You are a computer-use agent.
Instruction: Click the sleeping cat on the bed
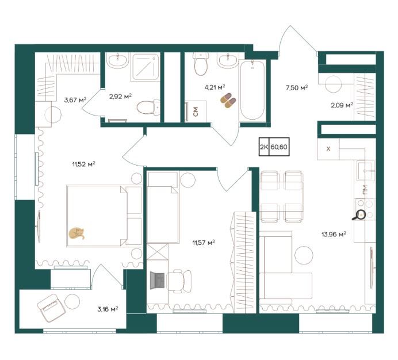(x=76, y=233)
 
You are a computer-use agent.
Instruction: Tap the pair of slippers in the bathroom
(x=228, y=100)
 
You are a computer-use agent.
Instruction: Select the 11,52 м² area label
(x=83, y=164)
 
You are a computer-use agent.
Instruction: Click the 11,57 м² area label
(x=204, y=243)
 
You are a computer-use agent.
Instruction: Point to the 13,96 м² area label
(x=334, y=234)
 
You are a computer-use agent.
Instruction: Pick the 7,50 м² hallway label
(x=297, y=88)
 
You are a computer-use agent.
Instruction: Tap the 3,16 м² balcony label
(x=108, y=309)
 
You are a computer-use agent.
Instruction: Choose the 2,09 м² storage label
(x=342, y=105)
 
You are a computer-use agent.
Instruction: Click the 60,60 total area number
(x=279, y=147)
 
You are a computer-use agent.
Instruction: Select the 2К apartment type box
(x=264, y=147)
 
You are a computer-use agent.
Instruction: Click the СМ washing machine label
(x=196, y=112)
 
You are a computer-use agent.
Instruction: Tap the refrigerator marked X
(x=328, y=149)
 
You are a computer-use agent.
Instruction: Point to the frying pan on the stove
(x=359, y=216)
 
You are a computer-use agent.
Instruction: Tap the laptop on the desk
(x=158, y=280)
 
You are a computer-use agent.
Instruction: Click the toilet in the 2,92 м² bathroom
(x=148, y=108)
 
